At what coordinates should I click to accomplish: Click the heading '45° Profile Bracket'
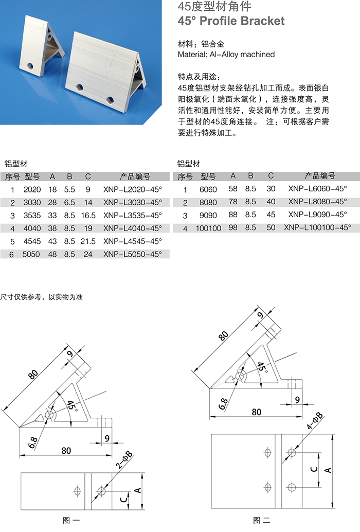pos(231,21)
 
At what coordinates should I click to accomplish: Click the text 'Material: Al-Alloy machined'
pos(226,54)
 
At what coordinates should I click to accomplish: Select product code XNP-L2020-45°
pos(132,189)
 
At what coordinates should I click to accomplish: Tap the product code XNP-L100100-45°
pos(317,227)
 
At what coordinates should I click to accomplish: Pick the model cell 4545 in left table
pos(32,241)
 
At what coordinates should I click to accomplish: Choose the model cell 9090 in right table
pos(208,215)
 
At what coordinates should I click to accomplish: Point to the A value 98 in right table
pos(233,227)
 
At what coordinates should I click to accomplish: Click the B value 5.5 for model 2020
pos(69,189)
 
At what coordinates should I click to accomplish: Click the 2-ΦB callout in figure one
pos(122,462)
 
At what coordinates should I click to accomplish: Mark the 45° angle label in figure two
pos(262,366)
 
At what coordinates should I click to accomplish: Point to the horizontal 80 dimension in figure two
pos(256,412)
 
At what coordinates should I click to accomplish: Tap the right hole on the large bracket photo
pos(110,99)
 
